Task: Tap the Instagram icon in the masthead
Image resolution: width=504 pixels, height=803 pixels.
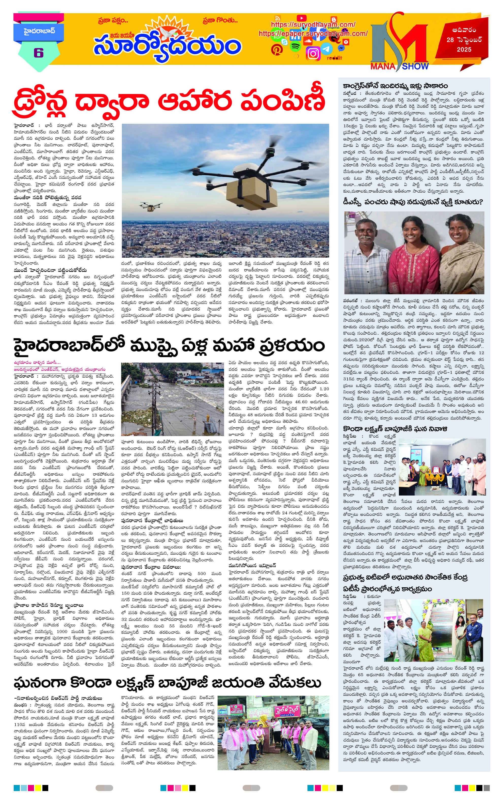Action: pos(313,53)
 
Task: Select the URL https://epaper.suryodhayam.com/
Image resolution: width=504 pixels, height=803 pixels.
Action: pos(313,34)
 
